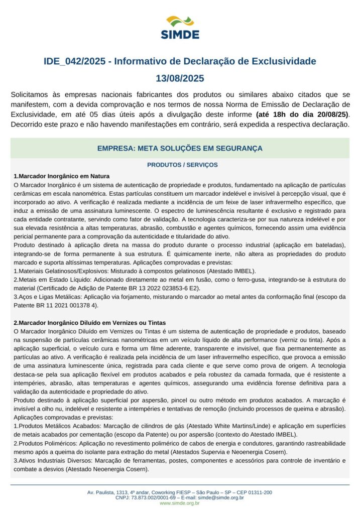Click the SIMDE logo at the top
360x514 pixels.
(180, 28)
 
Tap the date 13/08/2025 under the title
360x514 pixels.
(180, 79)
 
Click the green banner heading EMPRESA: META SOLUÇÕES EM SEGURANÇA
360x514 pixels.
(180, 149)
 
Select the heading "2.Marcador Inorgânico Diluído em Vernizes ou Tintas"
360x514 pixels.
(90, 322)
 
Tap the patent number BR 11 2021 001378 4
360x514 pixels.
(65, 305)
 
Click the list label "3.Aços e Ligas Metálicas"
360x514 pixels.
(48, 296)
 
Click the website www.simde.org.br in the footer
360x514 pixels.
(179, 503)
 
